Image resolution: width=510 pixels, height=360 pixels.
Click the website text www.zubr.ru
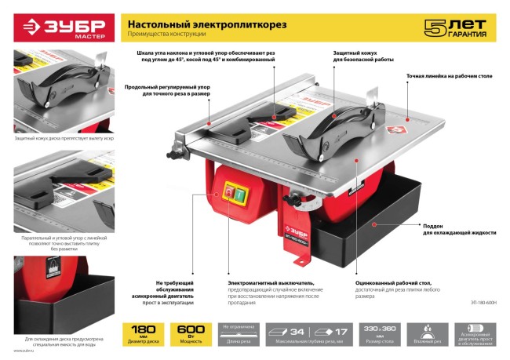24,351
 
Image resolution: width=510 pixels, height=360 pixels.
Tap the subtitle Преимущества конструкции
166,36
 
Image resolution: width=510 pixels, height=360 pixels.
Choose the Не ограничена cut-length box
239,333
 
